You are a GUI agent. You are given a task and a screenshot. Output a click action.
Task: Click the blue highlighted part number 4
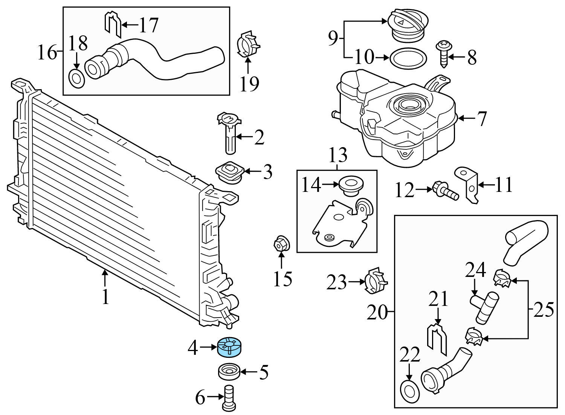(230, 346)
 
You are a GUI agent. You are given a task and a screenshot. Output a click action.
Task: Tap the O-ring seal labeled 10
(408, 58)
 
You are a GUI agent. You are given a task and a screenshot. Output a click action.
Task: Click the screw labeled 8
(443, 55)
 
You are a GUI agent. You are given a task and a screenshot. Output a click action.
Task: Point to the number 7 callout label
(482, 119)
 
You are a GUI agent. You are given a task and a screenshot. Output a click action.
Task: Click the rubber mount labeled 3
(229, 172)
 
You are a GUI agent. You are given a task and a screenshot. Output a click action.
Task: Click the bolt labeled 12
(446, 190)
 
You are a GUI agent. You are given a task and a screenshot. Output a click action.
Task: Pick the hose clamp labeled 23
(376, 281)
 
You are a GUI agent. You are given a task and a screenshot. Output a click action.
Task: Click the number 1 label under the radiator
(105, 296)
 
